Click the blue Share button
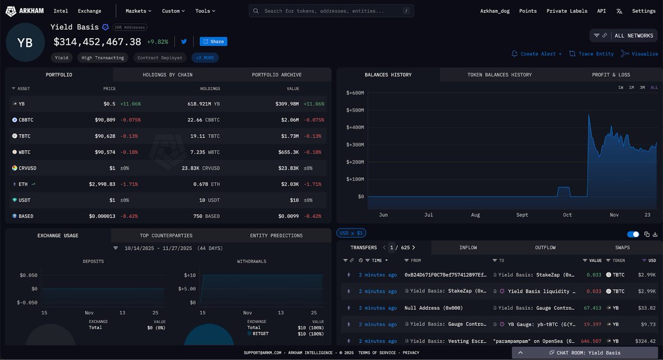[213, 41]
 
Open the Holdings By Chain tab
[167, 75]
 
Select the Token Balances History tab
[499, 75]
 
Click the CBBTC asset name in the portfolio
[26, 120]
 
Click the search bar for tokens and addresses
[331, 11]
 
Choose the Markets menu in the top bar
[139, 11]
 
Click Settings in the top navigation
[644, 11]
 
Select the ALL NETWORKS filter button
[633, 36]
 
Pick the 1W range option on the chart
[621, 88]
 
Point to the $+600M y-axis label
[355, 93]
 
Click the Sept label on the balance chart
[522, 215]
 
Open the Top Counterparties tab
[166, 236]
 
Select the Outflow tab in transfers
[545, 248]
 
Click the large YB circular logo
[25, 43]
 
